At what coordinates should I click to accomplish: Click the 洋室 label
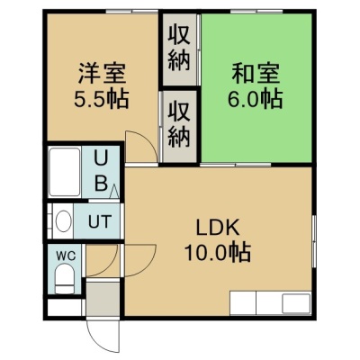102,74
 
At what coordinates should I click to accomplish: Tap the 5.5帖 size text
102,99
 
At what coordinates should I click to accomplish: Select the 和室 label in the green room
256,74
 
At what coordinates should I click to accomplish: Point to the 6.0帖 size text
256,99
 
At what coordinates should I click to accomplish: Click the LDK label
218,228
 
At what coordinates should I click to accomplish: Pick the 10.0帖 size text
218,253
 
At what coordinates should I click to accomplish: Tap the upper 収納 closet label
179,48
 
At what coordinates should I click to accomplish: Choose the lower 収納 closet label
179,124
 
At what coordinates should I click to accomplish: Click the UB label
101,170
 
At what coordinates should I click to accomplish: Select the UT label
99,221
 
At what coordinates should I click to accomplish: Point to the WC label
66,256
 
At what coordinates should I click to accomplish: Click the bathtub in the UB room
65,172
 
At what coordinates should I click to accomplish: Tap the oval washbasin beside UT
64,221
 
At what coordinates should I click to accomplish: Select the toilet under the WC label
65,279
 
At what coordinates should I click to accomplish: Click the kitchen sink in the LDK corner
296,303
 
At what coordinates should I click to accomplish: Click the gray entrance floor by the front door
103,298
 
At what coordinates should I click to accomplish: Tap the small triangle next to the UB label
114,191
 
